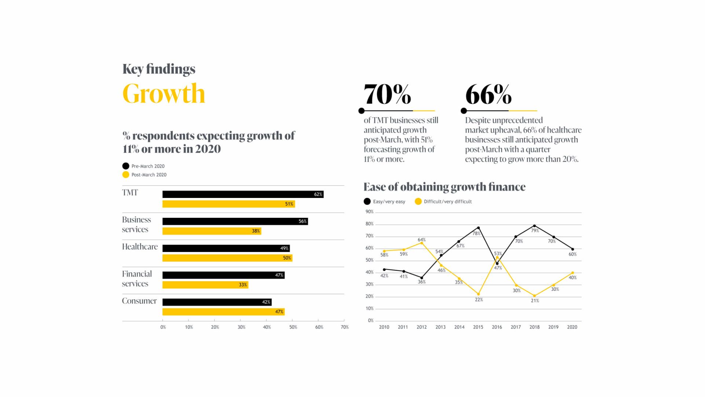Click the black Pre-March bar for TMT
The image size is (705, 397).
coord(243,195)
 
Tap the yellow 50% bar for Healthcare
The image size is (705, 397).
coord(227,258)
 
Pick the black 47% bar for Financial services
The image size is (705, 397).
coord(223,275)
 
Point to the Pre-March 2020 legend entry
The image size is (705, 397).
coord(144,166)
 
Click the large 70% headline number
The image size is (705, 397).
coord(387,95)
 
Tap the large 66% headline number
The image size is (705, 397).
coord(488,95)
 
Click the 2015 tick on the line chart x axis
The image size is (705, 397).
coord(478,327)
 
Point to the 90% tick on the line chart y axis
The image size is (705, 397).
coord(369,212)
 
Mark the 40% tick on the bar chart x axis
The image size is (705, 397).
coord(267,327)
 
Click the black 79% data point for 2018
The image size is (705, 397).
coord(534,226)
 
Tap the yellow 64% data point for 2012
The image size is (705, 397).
coord(422,243)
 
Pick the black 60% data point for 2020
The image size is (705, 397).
coord(573,249)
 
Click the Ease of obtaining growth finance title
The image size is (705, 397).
coord(444,187)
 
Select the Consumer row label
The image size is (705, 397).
coord(139,301)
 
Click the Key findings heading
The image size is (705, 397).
coord(159,69)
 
